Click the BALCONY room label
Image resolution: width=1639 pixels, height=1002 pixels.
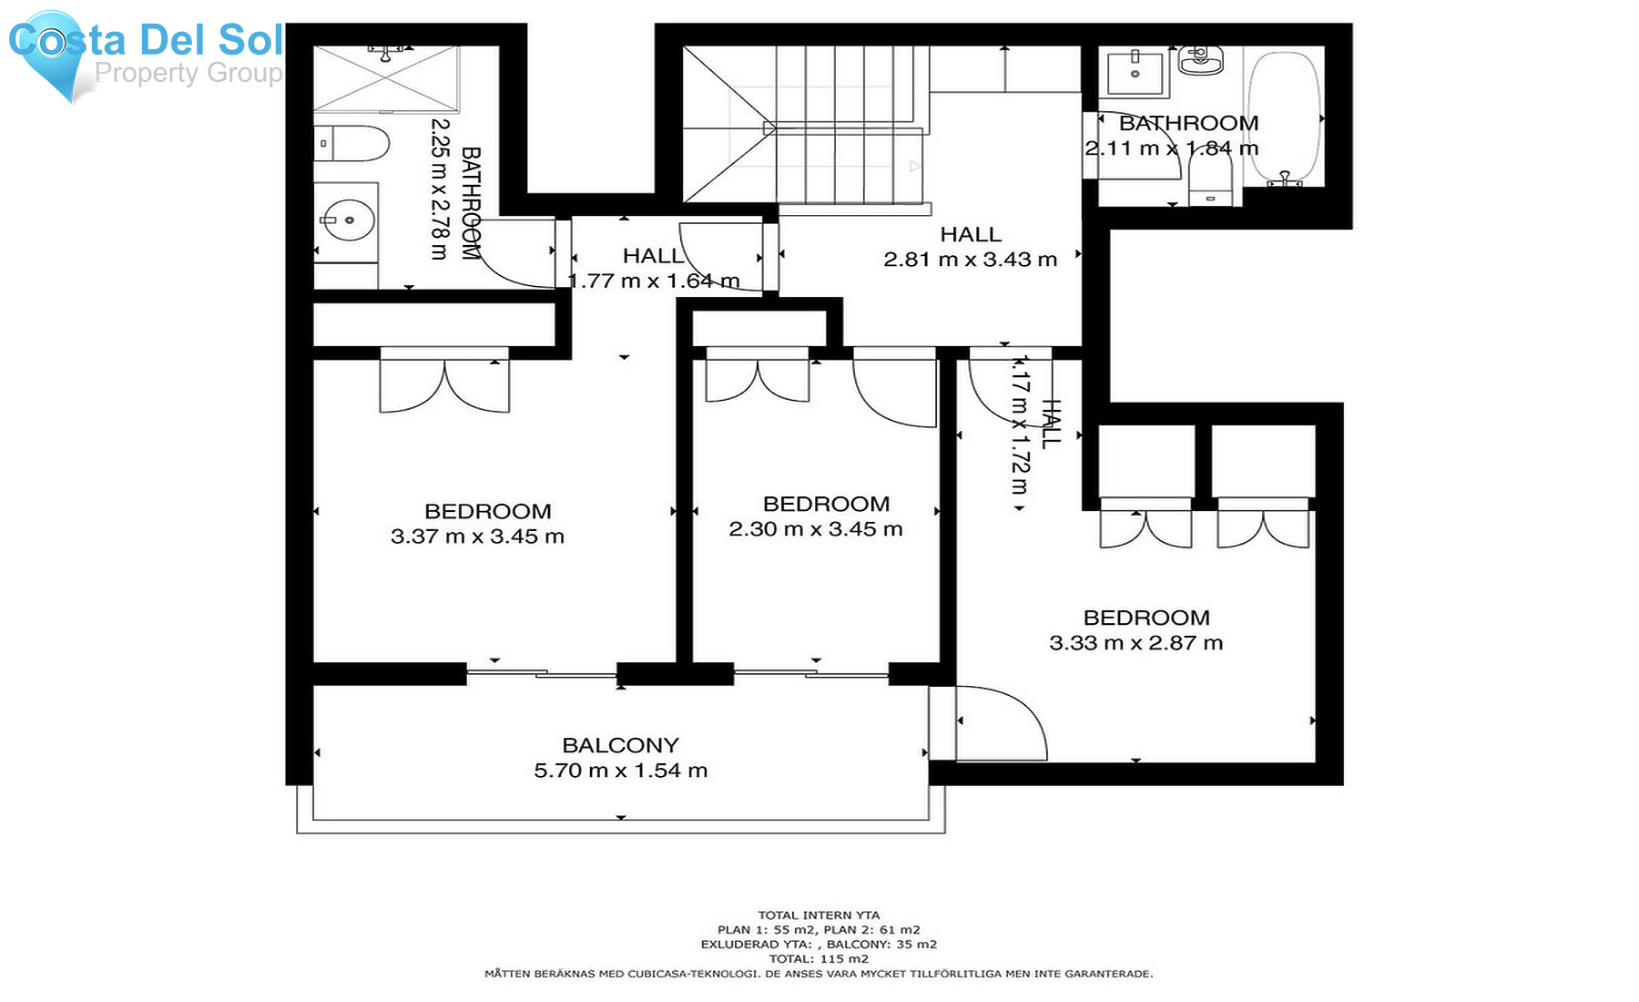pos(620,745)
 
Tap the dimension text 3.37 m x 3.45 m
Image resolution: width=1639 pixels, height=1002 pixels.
pos(477,537)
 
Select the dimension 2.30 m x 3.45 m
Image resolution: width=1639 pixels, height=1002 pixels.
pos(815,529)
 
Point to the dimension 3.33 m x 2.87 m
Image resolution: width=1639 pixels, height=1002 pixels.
pos(1135,643)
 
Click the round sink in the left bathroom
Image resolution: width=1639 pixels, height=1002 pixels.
pos(349,220)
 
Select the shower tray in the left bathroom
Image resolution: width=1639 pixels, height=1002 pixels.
pos(387,80)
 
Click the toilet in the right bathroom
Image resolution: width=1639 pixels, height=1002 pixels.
pos(1210,178)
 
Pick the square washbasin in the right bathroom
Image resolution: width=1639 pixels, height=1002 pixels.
pos(1135,73)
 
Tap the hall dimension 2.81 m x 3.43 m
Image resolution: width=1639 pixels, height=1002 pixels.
pos(970,260)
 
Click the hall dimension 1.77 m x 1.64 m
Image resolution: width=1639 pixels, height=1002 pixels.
pos(654,281)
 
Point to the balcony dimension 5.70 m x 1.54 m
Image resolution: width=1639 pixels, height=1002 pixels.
pos(620,771)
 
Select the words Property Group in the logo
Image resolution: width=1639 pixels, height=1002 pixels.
pos(188,73)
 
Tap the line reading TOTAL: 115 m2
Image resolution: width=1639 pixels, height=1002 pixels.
pos(819,958)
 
